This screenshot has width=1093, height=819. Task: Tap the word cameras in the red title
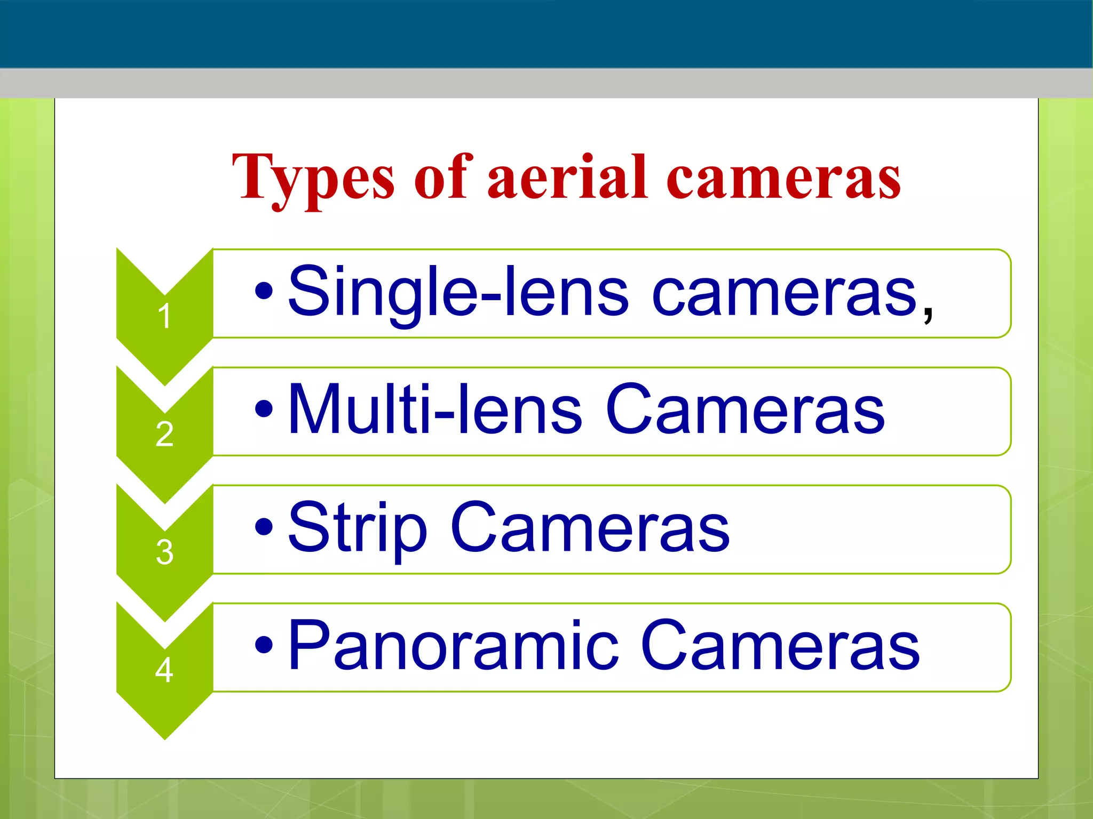tap(783, 178)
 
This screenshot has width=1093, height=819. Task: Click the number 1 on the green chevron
tap(164, 316)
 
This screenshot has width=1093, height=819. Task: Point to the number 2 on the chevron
tap(164, 434)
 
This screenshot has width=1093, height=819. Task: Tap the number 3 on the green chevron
tap(164, 552)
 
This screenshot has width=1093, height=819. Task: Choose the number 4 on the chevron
tap(164, 670)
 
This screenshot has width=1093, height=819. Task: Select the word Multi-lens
tap(434, 411)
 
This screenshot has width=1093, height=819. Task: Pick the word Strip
tap(357, 529)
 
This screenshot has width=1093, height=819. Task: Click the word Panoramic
tap(453, 646)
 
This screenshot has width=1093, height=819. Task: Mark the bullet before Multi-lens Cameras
tap(264, 409)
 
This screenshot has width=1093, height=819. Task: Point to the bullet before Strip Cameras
tap(264, 527)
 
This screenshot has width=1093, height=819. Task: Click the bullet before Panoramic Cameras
tap(264, 645)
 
